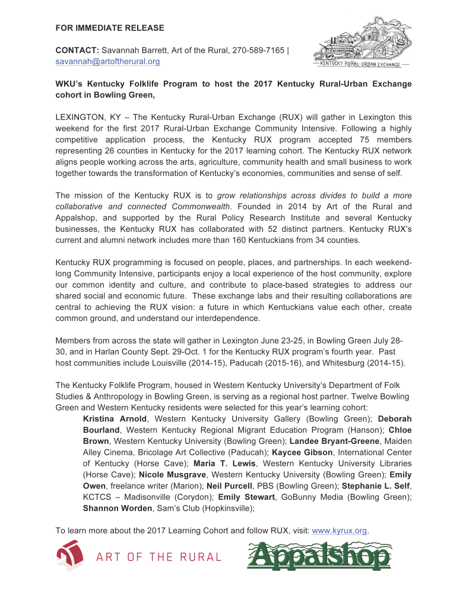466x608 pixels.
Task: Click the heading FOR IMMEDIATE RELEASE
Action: point(110,28)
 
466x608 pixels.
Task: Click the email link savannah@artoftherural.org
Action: point(107,61)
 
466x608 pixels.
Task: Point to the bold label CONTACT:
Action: point(77,51)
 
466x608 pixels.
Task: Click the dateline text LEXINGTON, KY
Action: point(84,117)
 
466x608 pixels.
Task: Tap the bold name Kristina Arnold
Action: point(115,418)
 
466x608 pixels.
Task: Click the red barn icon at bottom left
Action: point(69,556)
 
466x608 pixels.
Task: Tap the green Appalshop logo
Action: point(319,556)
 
